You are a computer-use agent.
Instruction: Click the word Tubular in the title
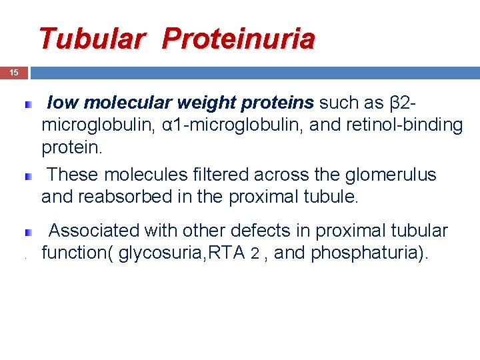pyautogui.click(x=91, y=39)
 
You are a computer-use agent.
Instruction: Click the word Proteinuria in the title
pyautogui.click(x=238, y=39)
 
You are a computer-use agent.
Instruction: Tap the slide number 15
pyautogui.click(x=14, y=73)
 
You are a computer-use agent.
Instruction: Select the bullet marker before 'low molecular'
pyautogui.click(x=29, y=105)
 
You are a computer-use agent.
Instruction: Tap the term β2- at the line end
pyautogui.click(x=404, y=103)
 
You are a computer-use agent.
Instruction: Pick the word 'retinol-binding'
pyautogui.click(x=404, y=125)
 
